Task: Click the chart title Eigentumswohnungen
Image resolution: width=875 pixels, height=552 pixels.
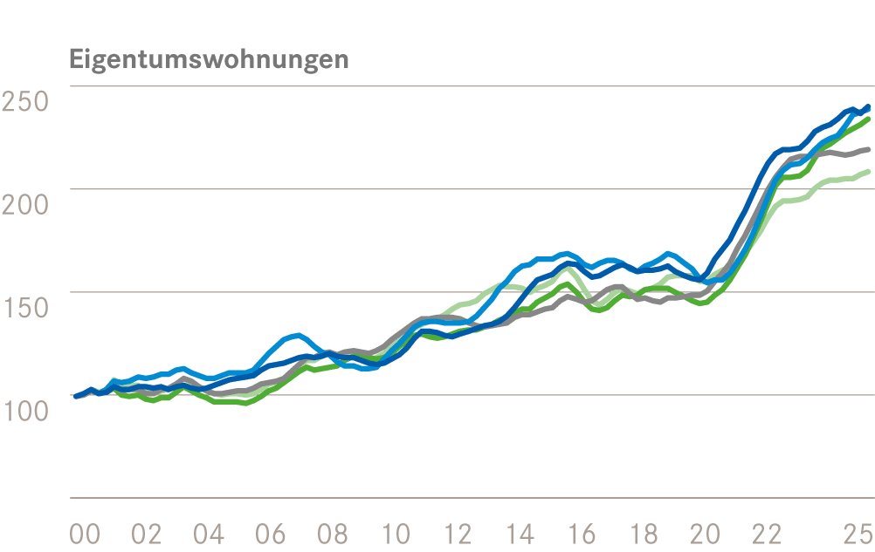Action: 209,60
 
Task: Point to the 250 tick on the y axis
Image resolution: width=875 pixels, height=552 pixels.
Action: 25,101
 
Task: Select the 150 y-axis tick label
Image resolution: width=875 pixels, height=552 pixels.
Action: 25,307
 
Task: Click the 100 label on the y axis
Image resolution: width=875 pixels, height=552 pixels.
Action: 25,410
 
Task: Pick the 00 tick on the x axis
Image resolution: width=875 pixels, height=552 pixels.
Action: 85,533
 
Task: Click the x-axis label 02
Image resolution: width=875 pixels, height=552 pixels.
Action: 147,533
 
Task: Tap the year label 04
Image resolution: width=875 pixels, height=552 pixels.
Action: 209,533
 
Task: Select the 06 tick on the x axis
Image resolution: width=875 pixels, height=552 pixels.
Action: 272,533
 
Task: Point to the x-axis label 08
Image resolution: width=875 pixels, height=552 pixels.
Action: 334,533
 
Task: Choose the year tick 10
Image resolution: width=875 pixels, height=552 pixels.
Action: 396,533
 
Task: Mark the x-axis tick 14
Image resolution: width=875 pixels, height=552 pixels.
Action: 520,533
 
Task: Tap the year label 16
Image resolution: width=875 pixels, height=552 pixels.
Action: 582,533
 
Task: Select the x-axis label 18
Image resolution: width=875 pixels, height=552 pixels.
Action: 644,533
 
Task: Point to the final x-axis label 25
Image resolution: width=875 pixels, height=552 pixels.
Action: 857,533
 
